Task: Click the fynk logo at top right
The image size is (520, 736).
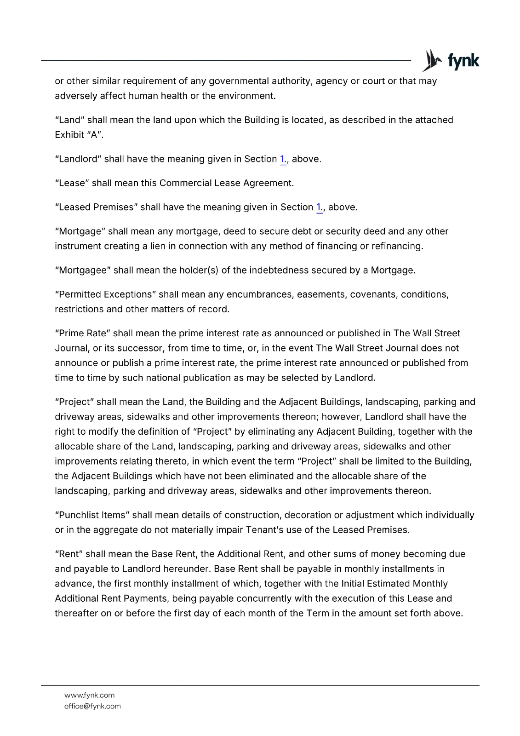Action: click(x=451, y=61)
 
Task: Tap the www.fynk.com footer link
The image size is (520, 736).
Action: click(x=89, y=695)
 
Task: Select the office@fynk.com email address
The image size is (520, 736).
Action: click(x=92, y=706)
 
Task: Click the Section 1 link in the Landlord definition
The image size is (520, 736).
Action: click(x=283, y=159)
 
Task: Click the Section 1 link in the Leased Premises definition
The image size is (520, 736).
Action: click(x=320, y=207)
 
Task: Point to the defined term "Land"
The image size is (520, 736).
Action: click(x=69, y=120)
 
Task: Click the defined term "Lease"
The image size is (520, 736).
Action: click(x=72, y=183)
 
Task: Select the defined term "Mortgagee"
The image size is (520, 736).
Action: click(x=83, y=270)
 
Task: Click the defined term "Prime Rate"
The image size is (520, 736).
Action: click(x=82, y=333)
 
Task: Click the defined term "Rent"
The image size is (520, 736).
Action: click(x=69, y=554)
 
